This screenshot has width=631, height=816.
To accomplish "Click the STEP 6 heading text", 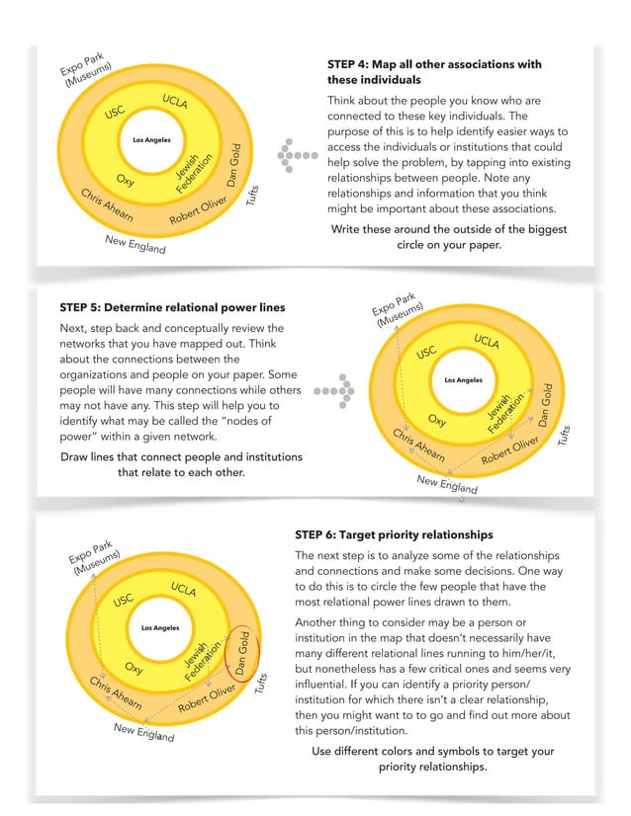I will (x=394, y=533).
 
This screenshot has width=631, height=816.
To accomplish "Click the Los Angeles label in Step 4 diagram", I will (x=151, y=140).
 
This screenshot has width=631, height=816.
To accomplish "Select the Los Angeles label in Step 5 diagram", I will (x=463, y=380).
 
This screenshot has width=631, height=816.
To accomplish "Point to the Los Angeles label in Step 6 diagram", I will (x=160, y=627).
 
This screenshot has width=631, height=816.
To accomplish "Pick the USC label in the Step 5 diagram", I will (x=426, y=353).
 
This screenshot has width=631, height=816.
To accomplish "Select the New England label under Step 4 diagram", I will (x=135, y=244).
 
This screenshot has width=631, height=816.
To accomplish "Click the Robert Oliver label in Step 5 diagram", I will (x=510, y=450).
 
